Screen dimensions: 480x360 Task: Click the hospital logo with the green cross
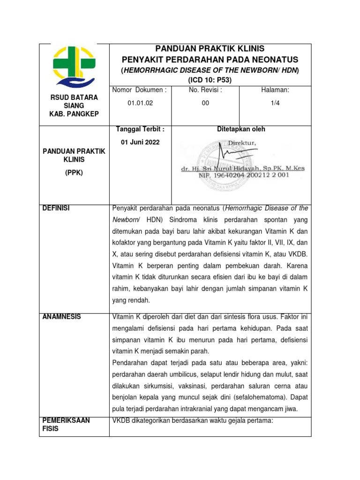click(x=74, y=66)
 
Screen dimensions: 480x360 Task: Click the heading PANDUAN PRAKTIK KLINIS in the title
click(x=210, y=49)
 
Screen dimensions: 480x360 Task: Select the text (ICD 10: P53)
click(x=210, y=80)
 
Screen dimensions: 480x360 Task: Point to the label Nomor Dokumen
click(x=140, y=90)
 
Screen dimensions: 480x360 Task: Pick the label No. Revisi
click(x=205, y=90)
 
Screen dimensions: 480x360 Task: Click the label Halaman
click(x=275, y=90)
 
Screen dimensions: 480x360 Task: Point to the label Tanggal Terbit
click(x=140, y=129)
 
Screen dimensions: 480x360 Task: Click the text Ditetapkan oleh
click(x=241, y=129)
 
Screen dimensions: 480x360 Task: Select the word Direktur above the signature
click(x=243, y=143)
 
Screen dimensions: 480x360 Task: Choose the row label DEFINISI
click(x=56, y=208)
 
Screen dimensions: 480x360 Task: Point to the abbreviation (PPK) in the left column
click(x=74, y=172)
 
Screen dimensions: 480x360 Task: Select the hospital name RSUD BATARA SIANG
click(x=74, y=102)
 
